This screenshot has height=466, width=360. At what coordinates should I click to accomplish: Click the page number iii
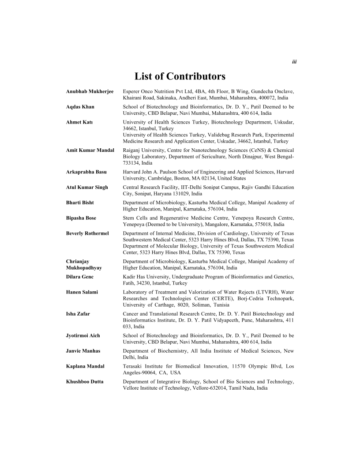point(294,62)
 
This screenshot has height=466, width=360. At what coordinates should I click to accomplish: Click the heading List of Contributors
point(180,76)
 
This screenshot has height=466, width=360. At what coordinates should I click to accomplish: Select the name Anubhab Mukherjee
point(90,91)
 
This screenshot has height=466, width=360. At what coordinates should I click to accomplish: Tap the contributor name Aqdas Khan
point(80,107)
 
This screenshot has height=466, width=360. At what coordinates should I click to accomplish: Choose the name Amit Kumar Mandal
point(90,150)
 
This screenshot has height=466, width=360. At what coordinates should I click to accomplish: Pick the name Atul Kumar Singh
point(87,187)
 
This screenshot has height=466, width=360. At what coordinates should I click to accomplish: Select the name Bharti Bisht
point(80,203)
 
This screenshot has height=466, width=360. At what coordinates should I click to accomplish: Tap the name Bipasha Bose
point(81,218)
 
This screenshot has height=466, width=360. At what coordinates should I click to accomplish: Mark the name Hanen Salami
point(82,292)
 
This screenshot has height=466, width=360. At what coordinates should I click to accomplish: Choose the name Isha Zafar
point(78,313)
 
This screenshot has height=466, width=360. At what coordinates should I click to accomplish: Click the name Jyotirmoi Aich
point(83,335)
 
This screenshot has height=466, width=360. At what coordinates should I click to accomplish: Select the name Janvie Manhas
point(83,351)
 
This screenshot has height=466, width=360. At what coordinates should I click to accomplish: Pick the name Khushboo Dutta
point(85,382)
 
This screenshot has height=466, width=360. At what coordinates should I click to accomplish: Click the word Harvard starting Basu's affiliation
point(132,172)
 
